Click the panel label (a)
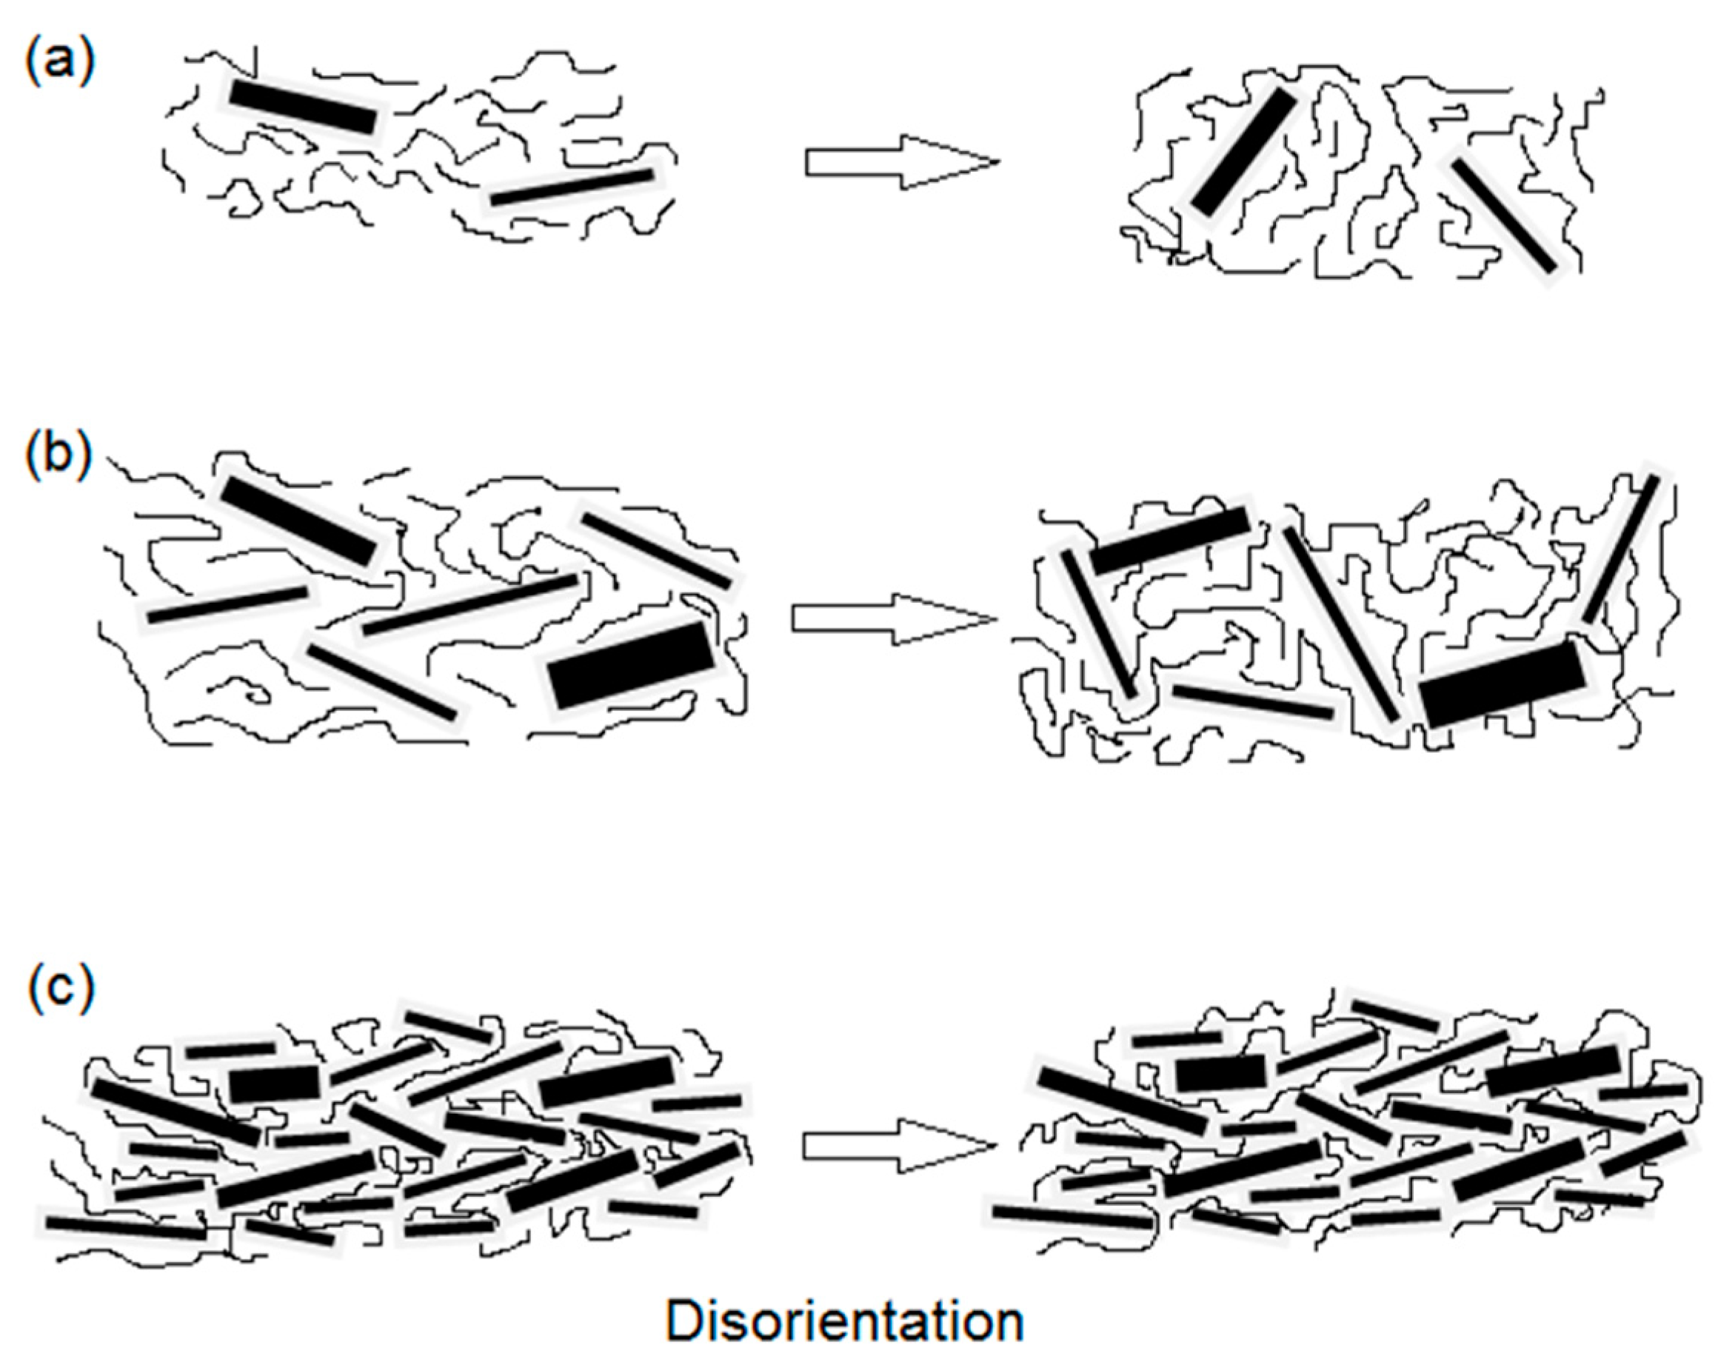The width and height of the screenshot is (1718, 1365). click(60, 61)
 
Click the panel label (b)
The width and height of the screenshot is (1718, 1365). click(59, 455)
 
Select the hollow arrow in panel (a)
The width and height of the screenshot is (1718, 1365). click(900, 162)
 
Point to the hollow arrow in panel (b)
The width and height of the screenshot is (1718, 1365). click(892, 618)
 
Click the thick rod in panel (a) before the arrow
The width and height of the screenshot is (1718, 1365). click(303, 107)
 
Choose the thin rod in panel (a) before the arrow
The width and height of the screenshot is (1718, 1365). click(572, 187)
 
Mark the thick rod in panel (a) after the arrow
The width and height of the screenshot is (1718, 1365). click(1244, 151)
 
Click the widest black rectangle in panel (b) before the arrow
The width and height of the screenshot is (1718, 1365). click(632, 665)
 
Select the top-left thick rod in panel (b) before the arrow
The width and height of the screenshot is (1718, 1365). click(298, 521)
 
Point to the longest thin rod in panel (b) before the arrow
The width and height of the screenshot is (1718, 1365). click(470, 604)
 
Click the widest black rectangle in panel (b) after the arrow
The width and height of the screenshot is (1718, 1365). click(1502, 684)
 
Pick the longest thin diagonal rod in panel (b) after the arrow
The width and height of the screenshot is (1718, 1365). click(1340, 623)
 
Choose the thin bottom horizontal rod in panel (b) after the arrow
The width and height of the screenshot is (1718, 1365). click(1253, 701)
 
